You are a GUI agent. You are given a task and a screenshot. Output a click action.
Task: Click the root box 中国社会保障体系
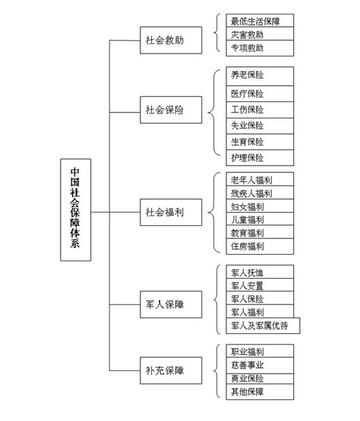pyautogui.click(x=76, y=210)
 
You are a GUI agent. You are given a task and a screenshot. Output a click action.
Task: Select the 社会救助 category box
pyautogui.click(x=171, y=40)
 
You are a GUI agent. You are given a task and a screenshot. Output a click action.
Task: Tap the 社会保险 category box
pyautogui.click(x=171, y=110)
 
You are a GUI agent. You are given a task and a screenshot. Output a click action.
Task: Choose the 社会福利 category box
pyautogui.click(x=171, y=212)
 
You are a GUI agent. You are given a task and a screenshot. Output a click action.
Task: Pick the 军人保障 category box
pyautogui.click(x=171, y=304)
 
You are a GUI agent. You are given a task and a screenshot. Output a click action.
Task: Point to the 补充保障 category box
pyautogui.click(x=171, y=371)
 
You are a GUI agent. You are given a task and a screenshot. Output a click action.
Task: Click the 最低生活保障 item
pyautogui.click(x=260, y=20)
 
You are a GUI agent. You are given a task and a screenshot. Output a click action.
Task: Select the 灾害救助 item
pyautogui.click(x=260, y=33)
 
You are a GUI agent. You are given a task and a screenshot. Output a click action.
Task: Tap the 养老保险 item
pyautogui.click(x=260, y=76)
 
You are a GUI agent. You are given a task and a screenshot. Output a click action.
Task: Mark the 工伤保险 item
pyautogui.click(x=260, y=110)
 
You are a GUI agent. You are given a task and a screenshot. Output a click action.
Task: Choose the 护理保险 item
pyautogui.click(x=260, y=158)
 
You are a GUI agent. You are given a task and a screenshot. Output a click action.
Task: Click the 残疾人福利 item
pyautogui.click(x=260, y=192)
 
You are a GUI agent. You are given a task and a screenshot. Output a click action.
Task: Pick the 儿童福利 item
pyautogui.click(x=260, y=219)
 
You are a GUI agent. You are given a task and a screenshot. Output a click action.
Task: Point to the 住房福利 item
pyautogui.click(x=260, y=246)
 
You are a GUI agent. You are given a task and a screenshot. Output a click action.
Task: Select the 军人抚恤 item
pyautogui.click(x=260, y=272)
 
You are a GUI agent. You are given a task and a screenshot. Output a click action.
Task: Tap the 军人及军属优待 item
pyautogui.click(x=263, y=325)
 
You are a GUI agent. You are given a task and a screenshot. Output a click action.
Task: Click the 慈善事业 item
pyautogui.click(x=260, y=365)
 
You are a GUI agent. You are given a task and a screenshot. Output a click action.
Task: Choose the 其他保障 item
pyautogui.click(x=260, y=392)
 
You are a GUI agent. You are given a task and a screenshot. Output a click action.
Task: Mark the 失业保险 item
pyautogui.click(x=260, y=126)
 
